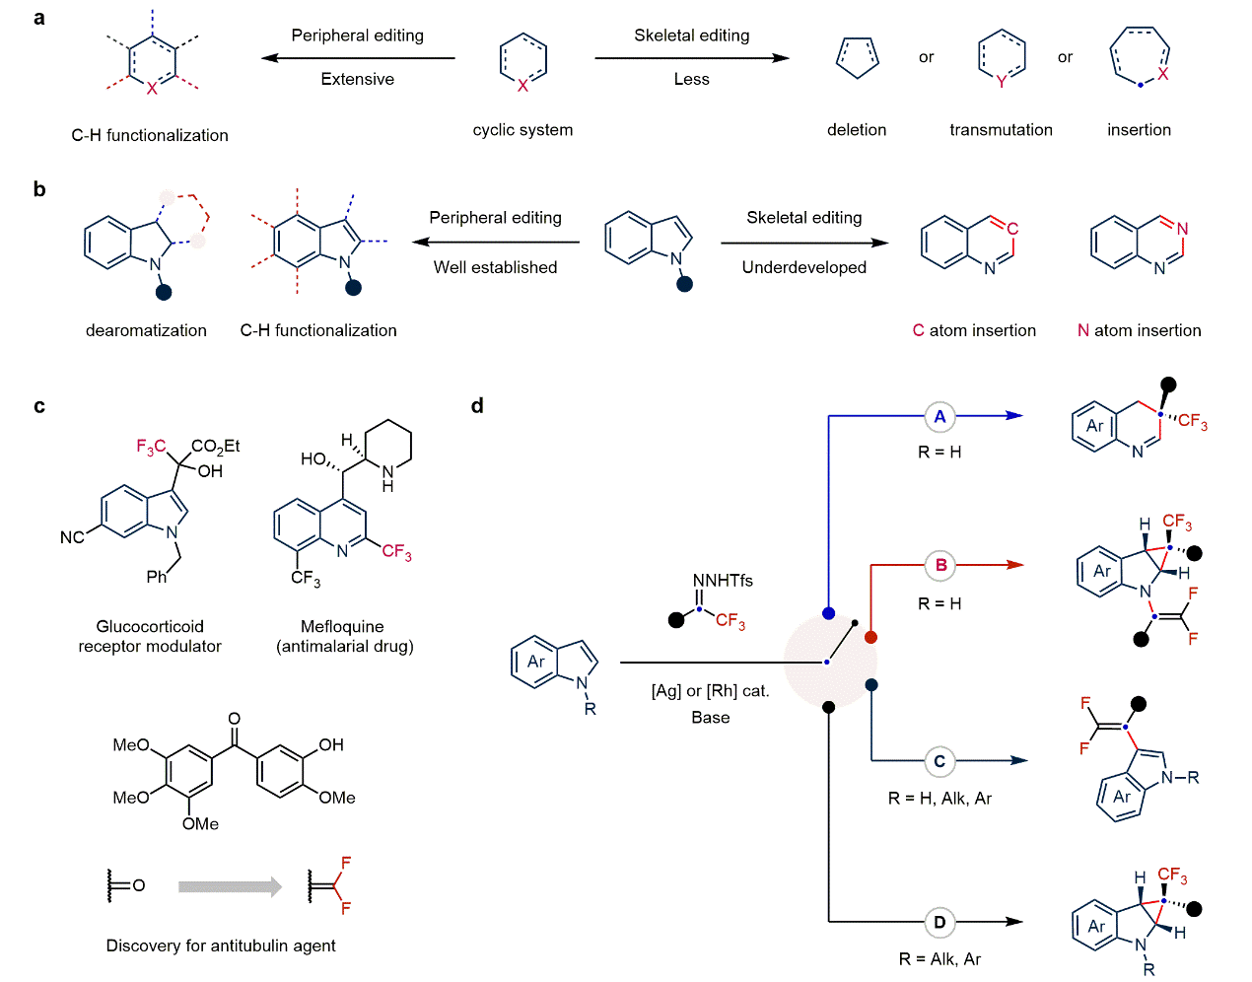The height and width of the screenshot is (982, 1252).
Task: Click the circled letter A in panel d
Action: (939, 416)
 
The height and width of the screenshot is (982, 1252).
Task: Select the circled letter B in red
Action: (940, 565)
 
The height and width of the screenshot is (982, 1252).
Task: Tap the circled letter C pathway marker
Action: (939, 761)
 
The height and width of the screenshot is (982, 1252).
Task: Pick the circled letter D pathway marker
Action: (939, 923)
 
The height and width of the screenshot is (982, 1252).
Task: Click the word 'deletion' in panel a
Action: (857, 129)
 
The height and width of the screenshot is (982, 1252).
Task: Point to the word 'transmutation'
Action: (1001, 129)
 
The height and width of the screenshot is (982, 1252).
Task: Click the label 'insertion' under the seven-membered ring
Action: (1139, 129)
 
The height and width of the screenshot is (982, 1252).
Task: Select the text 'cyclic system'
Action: (522, 129)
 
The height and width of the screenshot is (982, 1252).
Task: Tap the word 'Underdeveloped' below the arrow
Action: (803, 267)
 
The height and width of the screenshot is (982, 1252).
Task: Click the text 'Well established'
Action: (495, 267)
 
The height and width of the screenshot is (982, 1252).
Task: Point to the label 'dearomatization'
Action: (146, 330)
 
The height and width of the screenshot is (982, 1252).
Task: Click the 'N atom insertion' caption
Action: (1139, 330)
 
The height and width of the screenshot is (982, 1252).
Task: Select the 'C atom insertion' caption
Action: (974, 330)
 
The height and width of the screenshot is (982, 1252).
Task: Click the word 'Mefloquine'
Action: (342, 626)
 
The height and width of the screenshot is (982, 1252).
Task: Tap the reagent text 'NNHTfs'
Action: (723, 581)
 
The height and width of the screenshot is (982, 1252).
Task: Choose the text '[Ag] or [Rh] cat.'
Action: (710, 691)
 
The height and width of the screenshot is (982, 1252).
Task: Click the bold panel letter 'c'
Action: (39, 406)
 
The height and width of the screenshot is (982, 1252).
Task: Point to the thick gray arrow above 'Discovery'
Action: (230, 886)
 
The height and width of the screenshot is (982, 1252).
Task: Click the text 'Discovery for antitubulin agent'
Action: (221, 946)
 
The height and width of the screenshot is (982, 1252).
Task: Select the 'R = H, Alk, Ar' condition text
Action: (939, 798)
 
